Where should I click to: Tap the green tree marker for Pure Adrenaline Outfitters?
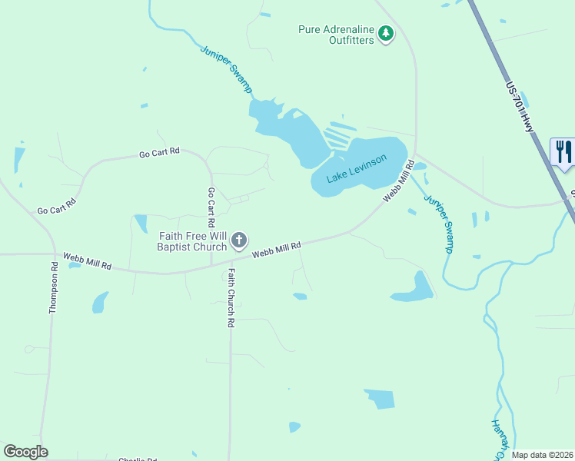pyautogui.click(x=386, y=33)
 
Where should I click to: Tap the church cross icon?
pyautogui.click(x=239, y=241)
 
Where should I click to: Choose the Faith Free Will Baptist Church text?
pyautogui.click(x=192, y=241)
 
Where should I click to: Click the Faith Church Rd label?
pyautogui.click(x=230, y=298)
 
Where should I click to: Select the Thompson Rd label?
pyautogui.click(x=53, y=288)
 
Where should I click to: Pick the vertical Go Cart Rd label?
pyautogui.click(x=211, y=211)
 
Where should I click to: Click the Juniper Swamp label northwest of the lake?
pyautogui.click(x=226, y=70)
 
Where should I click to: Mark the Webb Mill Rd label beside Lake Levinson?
pyautogui.click(x=400, y=181)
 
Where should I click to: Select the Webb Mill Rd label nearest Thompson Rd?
pyautogui.click(x=87, y=261)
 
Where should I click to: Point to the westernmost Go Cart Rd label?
pyautogui.click(x=57, y=206)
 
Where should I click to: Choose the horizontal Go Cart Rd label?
pyautogui.click(x=159, y=152)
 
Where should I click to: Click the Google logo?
pyautogui.click(x=25, y=452)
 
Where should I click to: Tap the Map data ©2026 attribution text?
pyautogui.click(x=542, y=455)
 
